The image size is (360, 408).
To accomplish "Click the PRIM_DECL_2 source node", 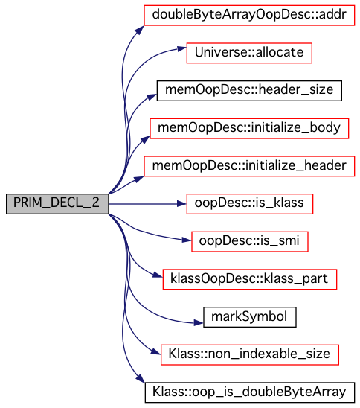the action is point(57,204).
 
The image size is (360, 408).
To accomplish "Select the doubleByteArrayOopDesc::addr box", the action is point(249,15).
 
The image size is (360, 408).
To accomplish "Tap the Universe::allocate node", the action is point(249,53).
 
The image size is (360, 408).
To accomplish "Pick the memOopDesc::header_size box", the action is point(249,91).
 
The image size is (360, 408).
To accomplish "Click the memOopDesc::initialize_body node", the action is point(249,129).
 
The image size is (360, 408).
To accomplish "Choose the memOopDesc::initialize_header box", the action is point(249,166).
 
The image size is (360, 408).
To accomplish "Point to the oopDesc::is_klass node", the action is point(249,204).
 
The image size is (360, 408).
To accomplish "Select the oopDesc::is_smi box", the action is point(249,242).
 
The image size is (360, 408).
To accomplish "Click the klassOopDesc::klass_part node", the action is point(249,279).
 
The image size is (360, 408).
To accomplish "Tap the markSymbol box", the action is point(249,317).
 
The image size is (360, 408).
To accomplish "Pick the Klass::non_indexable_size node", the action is point(249,355).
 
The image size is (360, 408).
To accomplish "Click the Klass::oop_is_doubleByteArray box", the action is point(249,392).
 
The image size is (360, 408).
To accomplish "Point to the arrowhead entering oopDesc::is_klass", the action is point(181,204).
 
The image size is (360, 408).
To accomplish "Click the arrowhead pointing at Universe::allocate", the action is point(182,48).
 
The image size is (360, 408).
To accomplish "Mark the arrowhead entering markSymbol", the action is point(199,323).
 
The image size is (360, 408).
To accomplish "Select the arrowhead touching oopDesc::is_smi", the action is point(187,240).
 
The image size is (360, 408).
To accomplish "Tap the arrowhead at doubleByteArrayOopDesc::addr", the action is point(139,30).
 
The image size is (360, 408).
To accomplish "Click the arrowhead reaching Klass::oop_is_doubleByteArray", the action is point(141,378).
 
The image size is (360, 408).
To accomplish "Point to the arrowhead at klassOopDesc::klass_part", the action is point(158,275).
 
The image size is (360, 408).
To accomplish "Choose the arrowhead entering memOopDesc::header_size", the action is point(152,97).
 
